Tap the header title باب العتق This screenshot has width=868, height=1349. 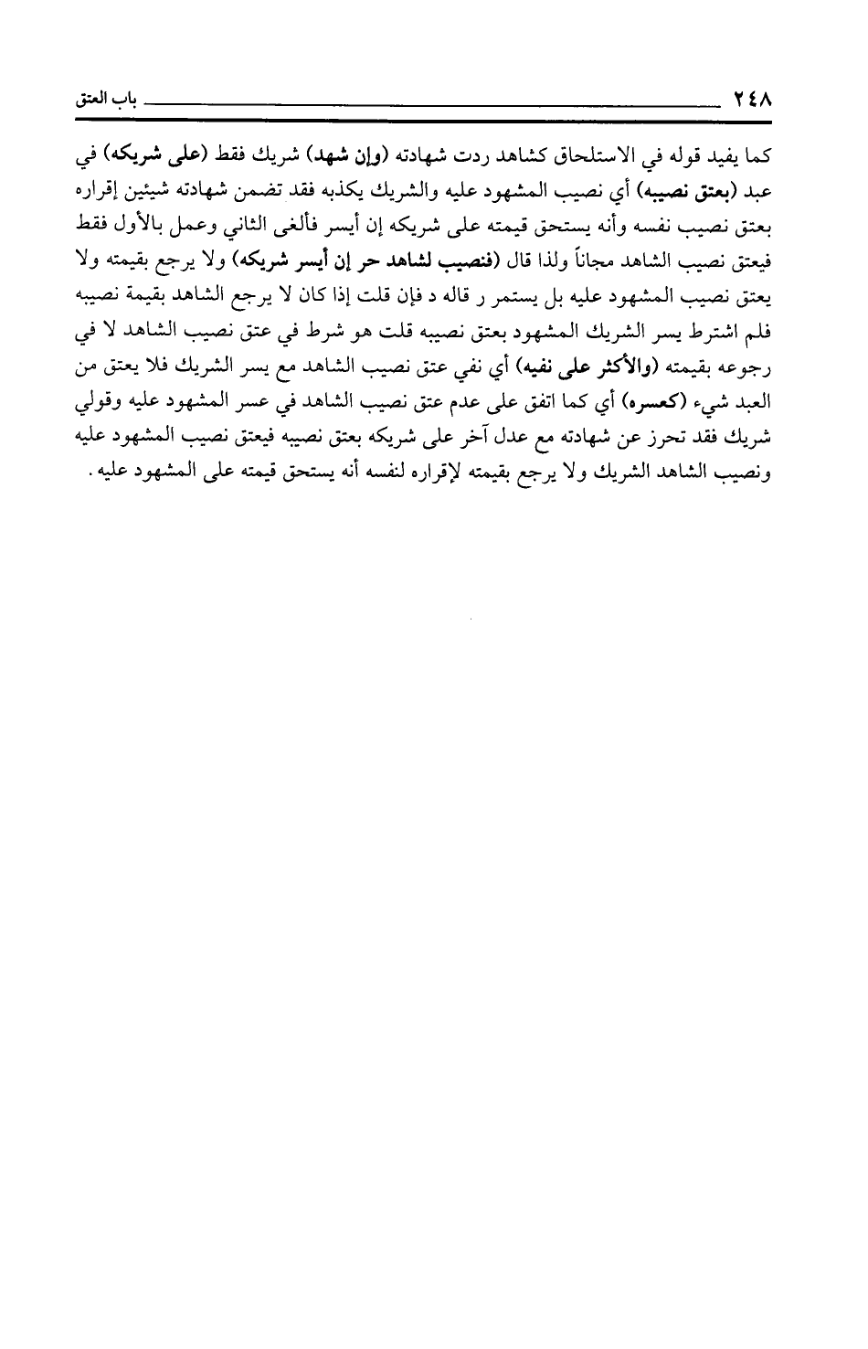pos(101,96)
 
